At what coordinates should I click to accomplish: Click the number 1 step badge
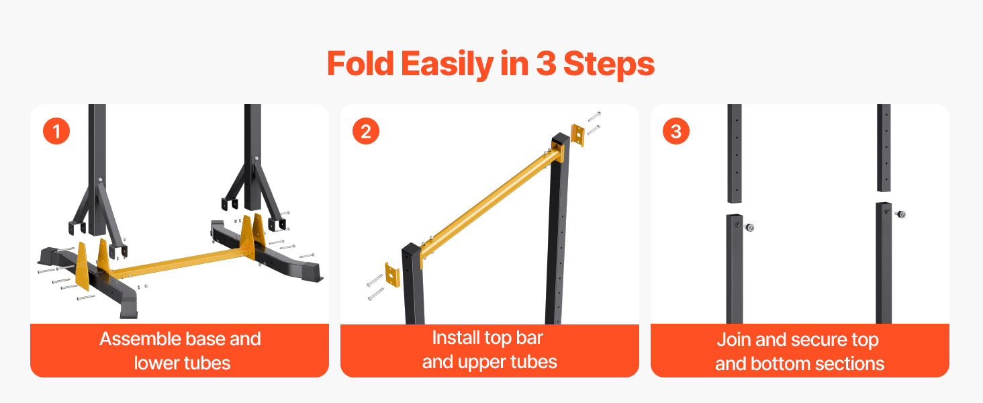tap(56, 131)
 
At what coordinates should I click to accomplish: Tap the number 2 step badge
tap(366, 131)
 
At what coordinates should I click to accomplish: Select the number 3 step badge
tap(675, 131)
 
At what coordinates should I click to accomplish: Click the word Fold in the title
tap(361, 64)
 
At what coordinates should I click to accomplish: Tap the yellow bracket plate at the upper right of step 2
tap(577, 135)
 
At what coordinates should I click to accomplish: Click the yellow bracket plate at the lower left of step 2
tap(392, 275)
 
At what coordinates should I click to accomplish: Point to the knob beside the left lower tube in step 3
tap(749, 228)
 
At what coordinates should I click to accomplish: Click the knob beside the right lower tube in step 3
tap(900, 214)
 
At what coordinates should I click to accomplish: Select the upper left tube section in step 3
tap(735, 154)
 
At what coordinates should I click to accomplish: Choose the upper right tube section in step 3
tap(884, 148)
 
